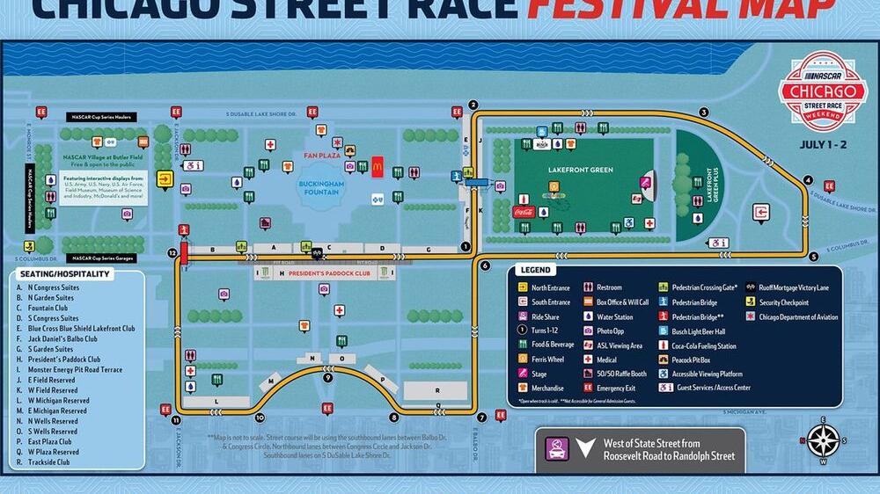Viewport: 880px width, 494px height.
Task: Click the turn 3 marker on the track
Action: [x=704, y=112]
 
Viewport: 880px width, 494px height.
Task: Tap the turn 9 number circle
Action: [x=327, y=378]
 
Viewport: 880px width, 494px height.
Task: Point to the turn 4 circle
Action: [x=808, y=180]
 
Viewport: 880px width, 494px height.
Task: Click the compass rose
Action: [x=825, y=440]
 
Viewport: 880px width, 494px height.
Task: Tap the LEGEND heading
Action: [x=536, y=271]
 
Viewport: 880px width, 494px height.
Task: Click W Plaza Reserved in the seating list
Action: [x=54, y=452]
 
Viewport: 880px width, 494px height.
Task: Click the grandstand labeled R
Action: [x=436, y=389]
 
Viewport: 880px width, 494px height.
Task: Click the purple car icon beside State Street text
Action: [x=556, y=449]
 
